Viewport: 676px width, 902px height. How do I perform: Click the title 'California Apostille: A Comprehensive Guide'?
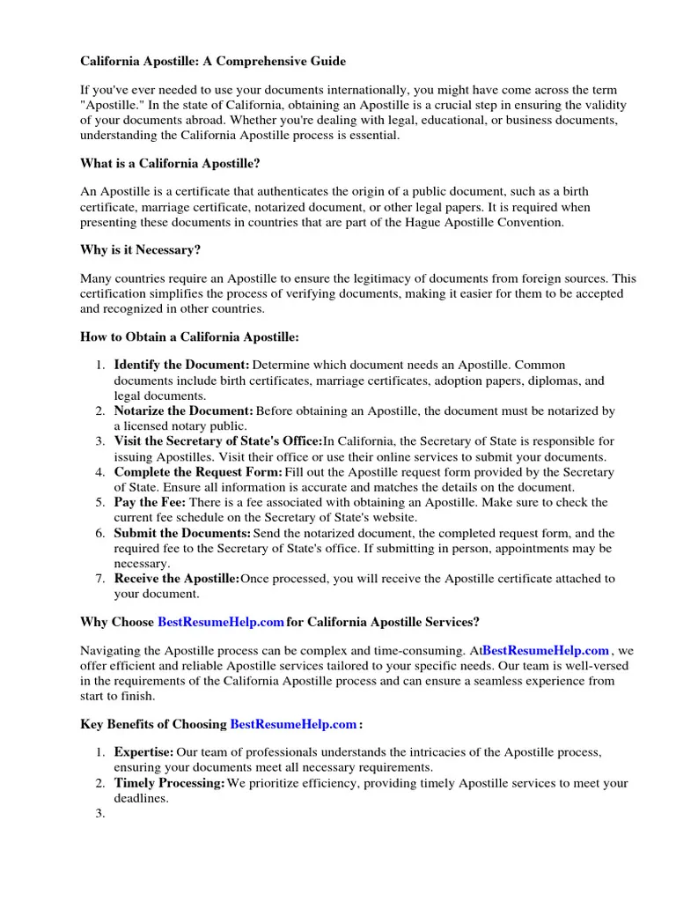[x=213, y=62]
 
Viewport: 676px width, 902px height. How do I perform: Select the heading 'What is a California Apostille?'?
[x=171, y=163]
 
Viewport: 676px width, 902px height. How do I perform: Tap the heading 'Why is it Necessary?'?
[x=141, y=249]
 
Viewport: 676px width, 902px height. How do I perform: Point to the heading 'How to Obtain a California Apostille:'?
[x=189, y=336]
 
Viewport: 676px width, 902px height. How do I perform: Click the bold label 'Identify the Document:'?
[x=182, y=365]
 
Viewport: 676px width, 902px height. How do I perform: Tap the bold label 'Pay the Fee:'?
[x=150, y=503]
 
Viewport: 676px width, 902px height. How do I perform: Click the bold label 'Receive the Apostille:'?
[x=177, y=579]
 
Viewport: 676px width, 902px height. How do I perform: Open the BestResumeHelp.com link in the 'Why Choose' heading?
[x=221, y=622]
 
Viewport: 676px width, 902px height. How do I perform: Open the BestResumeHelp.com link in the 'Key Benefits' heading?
[x=293, y=724]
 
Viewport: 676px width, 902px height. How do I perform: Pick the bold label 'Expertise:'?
[x=143, y=752]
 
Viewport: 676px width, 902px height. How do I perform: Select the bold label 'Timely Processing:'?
[x=170, y=783]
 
